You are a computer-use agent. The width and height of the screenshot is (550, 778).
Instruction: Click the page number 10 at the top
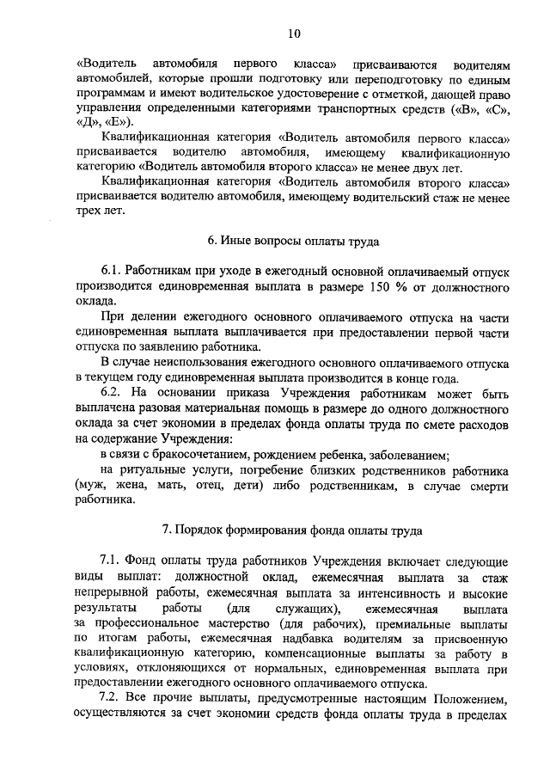point(294,34)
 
